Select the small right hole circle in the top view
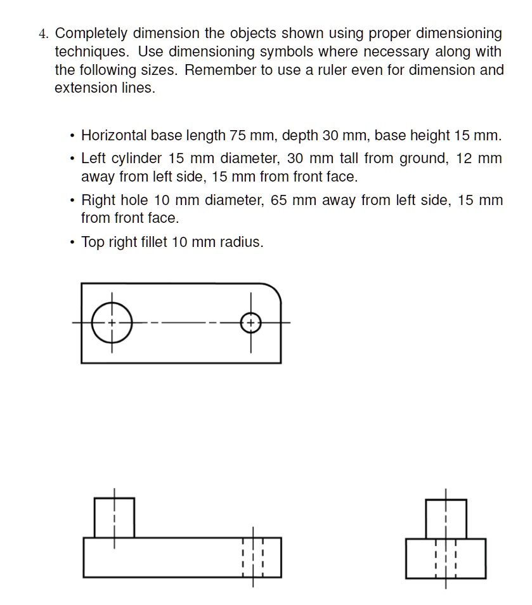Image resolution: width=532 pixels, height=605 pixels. click(x=251, y=323)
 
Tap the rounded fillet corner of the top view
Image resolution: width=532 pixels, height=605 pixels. click(x=275, y=290)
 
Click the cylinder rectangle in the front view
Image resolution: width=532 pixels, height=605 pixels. click(x=115, y=517)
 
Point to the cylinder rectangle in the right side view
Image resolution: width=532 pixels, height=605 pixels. click(x=446, y=519)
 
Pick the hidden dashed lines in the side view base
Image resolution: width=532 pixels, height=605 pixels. click(x=446, y=559)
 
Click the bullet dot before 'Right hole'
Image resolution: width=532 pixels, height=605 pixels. click(x=73, y=201)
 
